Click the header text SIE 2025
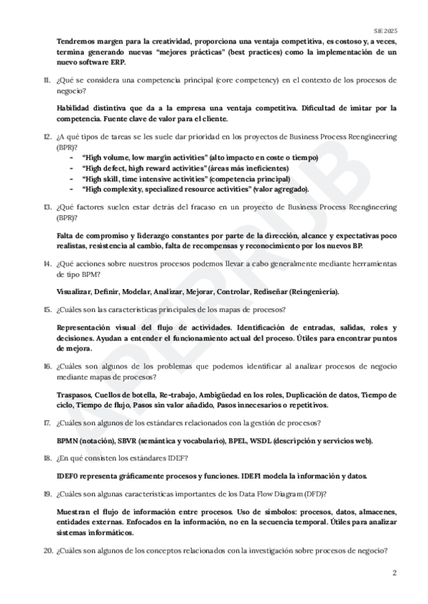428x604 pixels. point(385,32)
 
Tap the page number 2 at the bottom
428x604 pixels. point(394,573)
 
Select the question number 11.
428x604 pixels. point(46,82)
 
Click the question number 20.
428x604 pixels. point(47,550)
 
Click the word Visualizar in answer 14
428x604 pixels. point(73,291)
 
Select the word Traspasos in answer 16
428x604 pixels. point(73,394)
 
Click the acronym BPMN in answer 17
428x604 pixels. point(67,440)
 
